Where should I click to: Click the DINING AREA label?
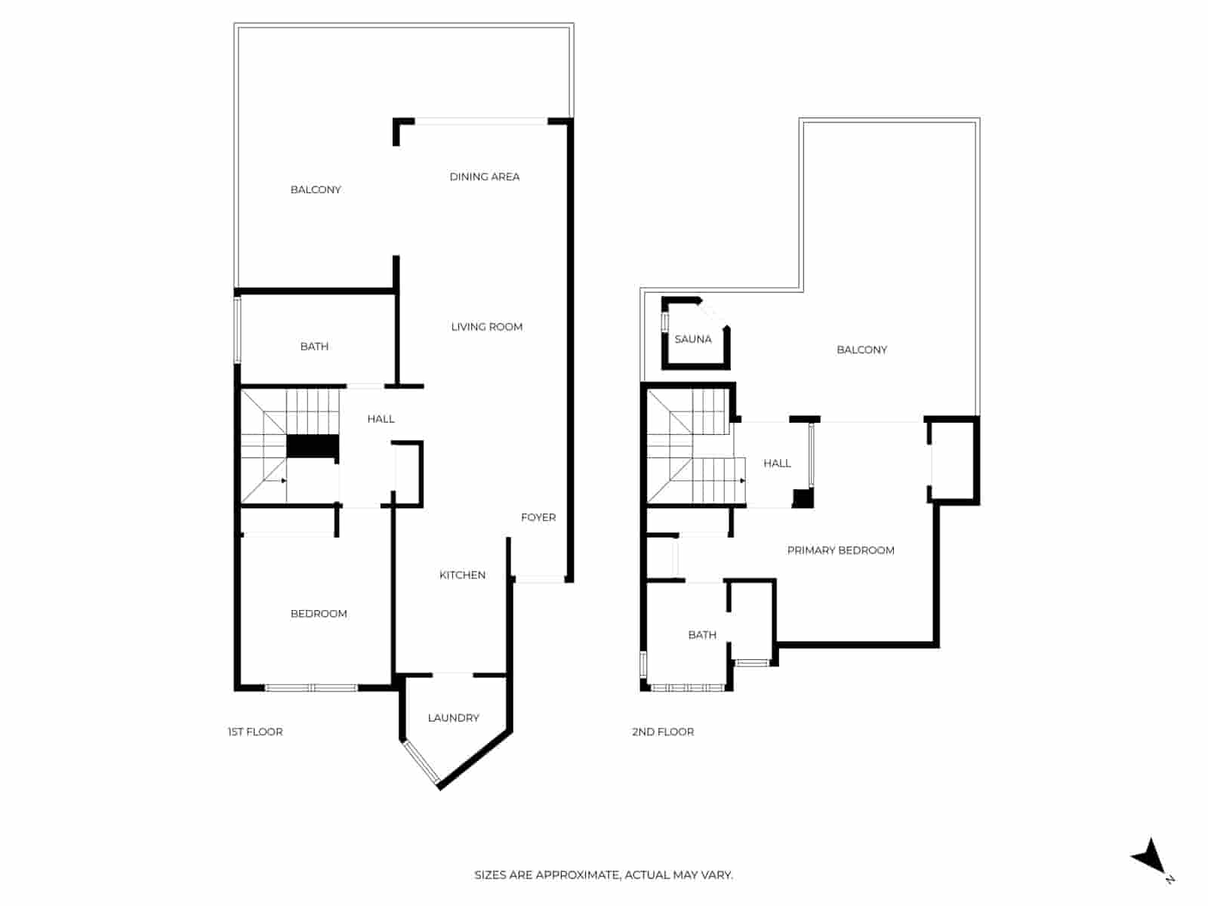click(484, 177)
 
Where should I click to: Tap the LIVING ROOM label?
click(486, 327)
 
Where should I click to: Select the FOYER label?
click(538, 517)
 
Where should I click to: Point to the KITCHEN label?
click(462, 575)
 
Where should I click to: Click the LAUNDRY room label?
click(453, 718)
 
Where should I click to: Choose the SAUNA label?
click(692, 340)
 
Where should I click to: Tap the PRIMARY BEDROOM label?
click(840, 550)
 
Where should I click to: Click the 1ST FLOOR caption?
click(255, 732)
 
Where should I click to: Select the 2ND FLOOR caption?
click(663, 732)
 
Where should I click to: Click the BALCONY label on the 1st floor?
click(316, 190)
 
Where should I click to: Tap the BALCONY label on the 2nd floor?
click(861, 350)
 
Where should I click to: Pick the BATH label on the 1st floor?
click(314, 347)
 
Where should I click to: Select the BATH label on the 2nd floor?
click(702, 635)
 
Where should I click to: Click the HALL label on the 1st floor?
click(381, 419)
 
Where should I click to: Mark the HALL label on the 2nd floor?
click(777, 464)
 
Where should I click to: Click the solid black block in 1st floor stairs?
click(313, 446)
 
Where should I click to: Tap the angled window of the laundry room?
click(421, 763)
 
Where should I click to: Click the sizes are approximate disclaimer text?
click(603, 875)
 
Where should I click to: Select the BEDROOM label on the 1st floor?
click(319, 614)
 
